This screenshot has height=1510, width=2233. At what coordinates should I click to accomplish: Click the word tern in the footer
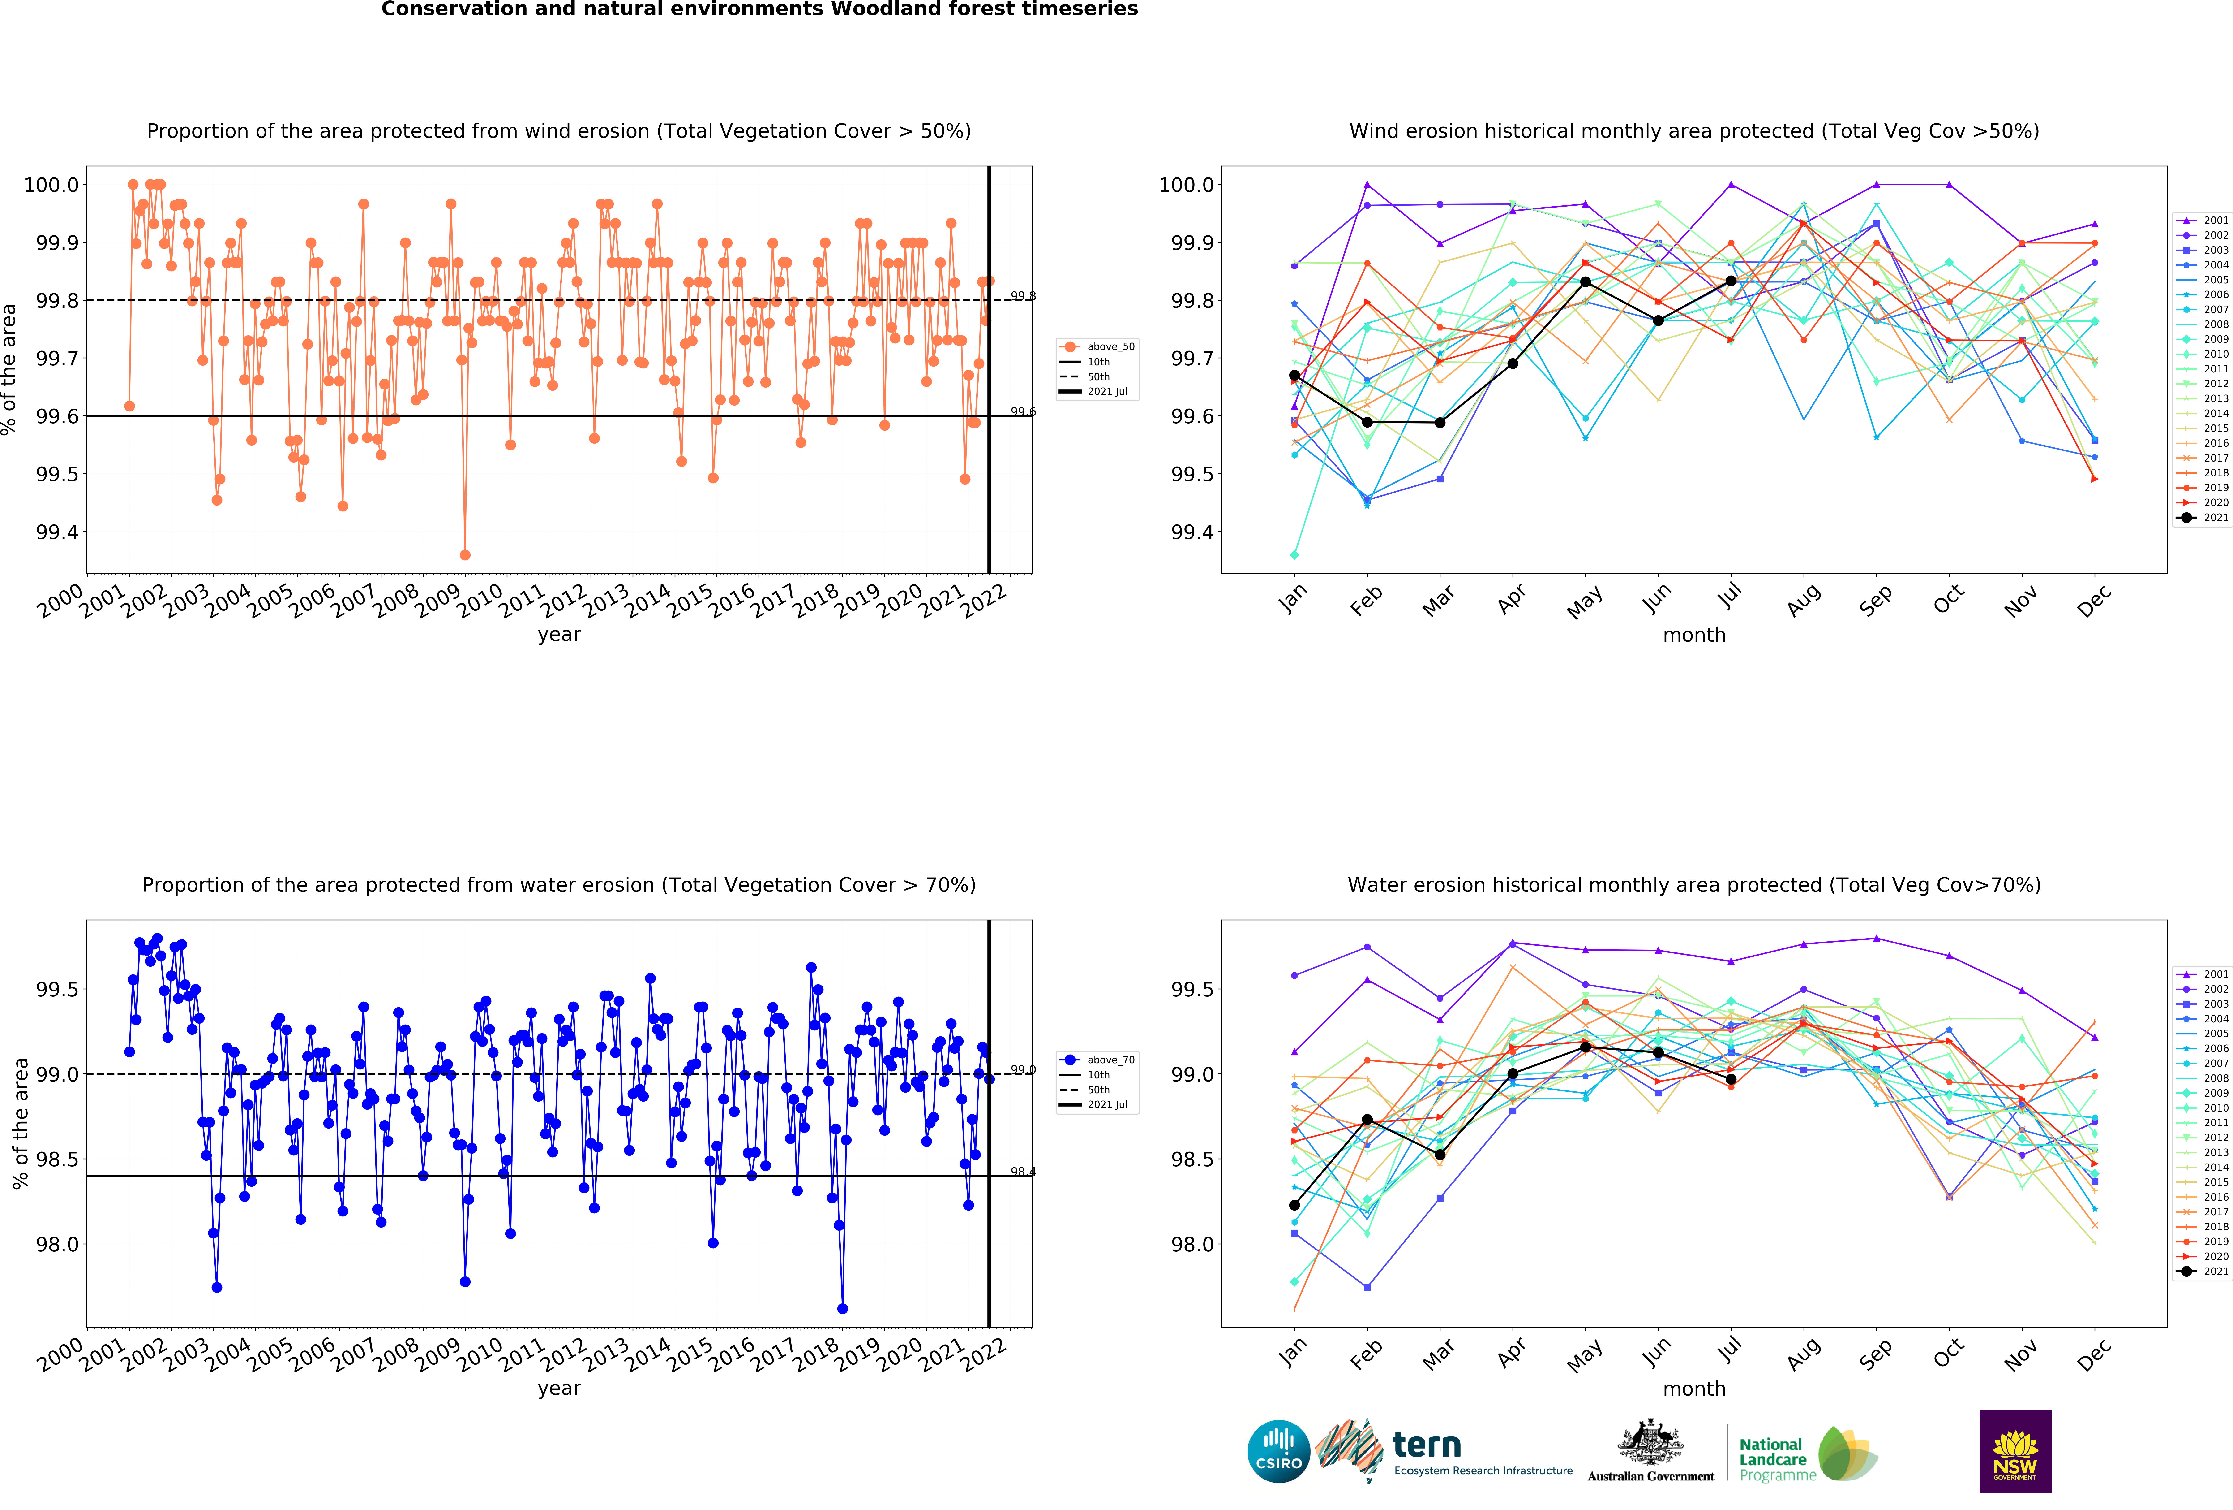coord(1427,1445)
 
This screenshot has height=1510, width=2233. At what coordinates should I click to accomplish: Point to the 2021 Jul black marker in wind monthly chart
coord(1731,281)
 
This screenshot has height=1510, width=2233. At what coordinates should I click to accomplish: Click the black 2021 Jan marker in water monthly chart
coord(1294,1204)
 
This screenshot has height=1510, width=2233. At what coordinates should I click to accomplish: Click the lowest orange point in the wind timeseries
coord(465,555)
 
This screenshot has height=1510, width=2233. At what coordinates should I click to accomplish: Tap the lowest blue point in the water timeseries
coord(843,1308)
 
